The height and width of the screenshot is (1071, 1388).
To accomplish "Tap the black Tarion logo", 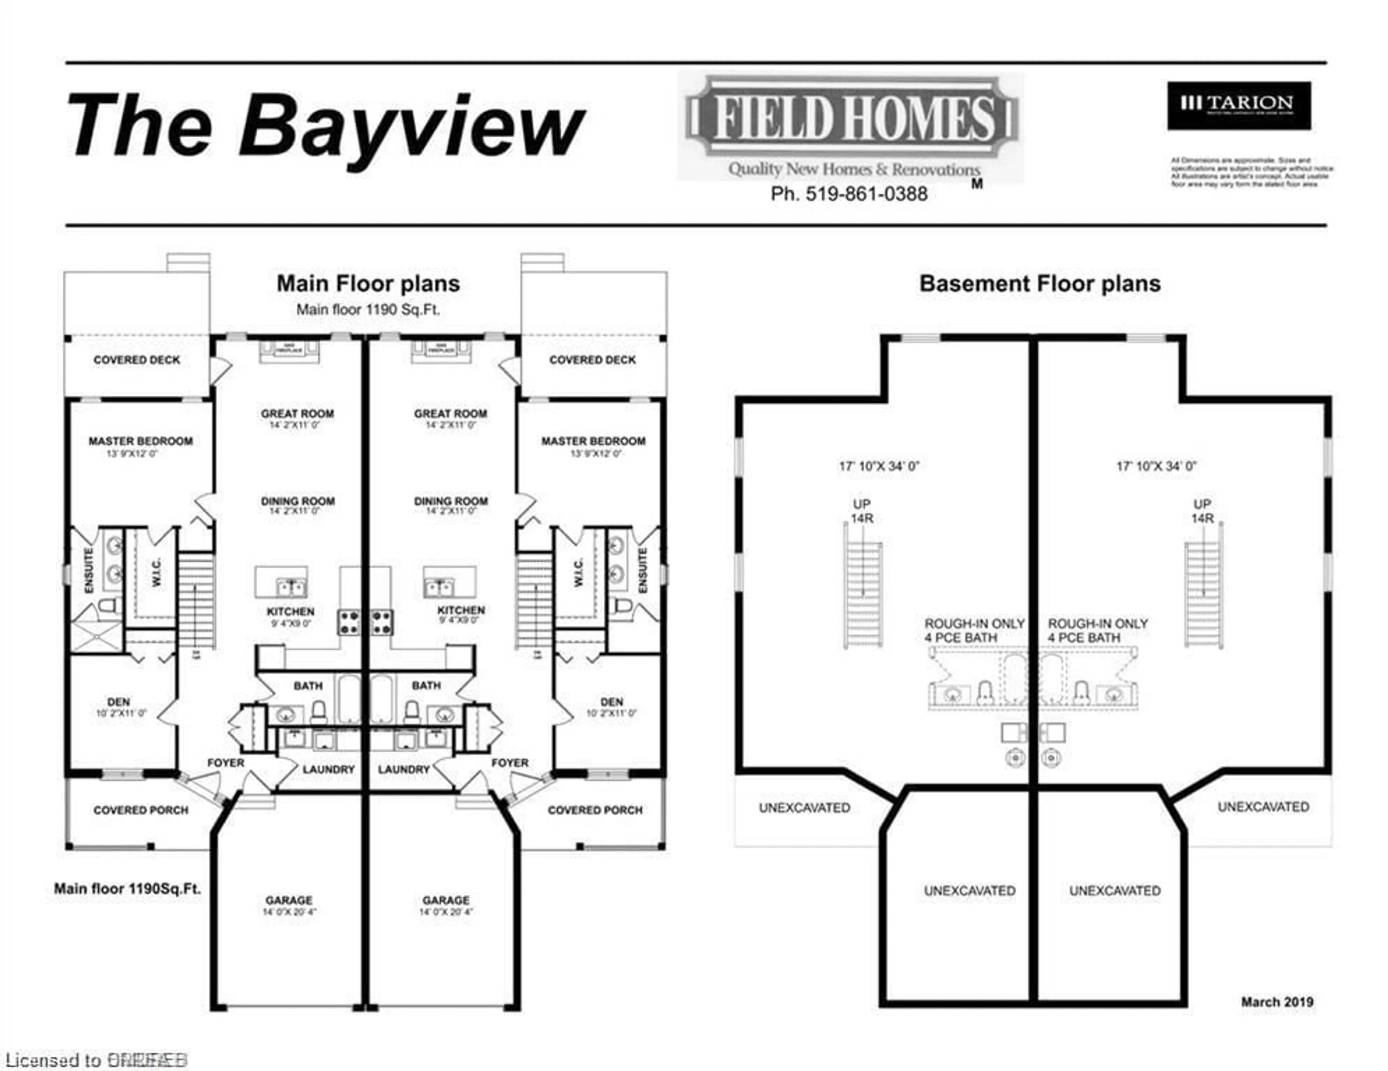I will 1239,106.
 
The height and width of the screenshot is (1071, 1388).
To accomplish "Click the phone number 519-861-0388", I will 849,194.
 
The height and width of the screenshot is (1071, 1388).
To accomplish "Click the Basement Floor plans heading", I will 1040,283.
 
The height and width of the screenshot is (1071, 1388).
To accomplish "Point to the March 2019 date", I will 1277,1002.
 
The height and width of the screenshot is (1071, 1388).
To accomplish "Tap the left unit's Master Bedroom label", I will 141,441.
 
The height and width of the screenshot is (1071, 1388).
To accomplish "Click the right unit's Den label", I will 611,702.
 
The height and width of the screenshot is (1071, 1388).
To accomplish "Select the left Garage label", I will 289,900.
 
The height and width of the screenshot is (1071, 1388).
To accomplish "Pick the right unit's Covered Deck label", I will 592,360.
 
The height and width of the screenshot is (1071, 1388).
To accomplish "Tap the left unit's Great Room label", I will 297,413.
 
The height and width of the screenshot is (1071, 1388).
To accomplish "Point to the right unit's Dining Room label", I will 451,501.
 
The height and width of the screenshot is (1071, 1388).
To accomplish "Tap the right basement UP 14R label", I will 1202,511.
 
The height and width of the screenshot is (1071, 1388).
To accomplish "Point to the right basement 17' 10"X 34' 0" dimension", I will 1156,466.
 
